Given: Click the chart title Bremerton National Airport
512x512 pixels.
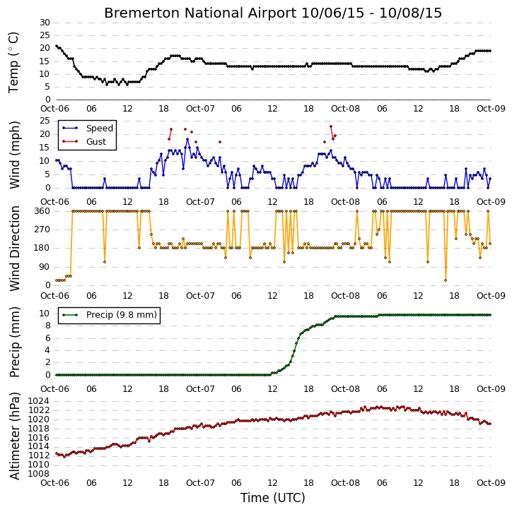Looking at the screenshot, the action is (200, 13).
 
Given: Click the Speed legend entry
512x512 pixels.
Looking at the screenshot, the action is (88, 129).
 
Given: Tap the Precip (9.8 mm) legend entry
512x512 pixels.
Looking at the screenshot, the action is (110, 315).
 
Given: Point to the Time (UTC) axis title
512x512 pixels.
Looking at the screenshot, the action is (273, 498).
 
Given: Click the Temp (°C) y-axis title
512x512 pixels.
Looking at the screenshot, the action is (13, 62).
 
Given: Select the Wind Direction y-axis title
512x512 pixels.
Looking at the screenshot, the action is (15, 248).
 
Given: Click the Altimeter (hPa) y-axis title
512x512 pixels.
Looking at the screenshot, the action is (15, 436).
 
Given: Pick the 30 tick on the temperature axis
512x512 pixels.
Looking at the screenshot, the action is (45, 23).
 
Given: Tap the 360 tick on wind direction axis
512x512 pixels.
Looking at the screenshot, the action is (42, 211).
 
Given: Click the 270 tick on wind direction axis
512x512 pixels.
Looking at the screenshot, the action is (42, 230).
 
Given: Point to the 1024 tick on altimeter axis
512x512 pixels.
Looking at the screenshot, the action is (39, 401).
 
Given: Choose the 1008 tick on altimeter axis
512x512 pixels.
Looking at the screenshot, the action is (39, 473).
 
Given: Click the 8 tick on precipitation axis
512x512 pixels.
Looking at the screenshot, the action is (47, 326).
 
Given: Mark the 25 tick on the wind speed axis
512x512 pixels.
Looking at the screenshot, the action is (45, 121).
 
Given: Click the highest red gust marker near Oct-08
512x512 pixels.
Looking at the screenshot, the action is (331, 126).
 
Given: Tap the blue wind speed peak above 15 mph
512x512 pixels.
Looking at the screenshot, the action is (187, 139).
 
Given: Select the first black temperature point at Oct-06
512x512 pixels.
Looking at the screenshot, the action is (57, 46).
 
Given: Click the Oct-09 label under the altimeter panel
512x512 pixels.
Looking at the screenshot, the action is (491, 482).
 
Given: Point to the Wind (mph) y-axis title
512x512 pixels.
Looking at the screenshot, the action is (15, 155).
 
